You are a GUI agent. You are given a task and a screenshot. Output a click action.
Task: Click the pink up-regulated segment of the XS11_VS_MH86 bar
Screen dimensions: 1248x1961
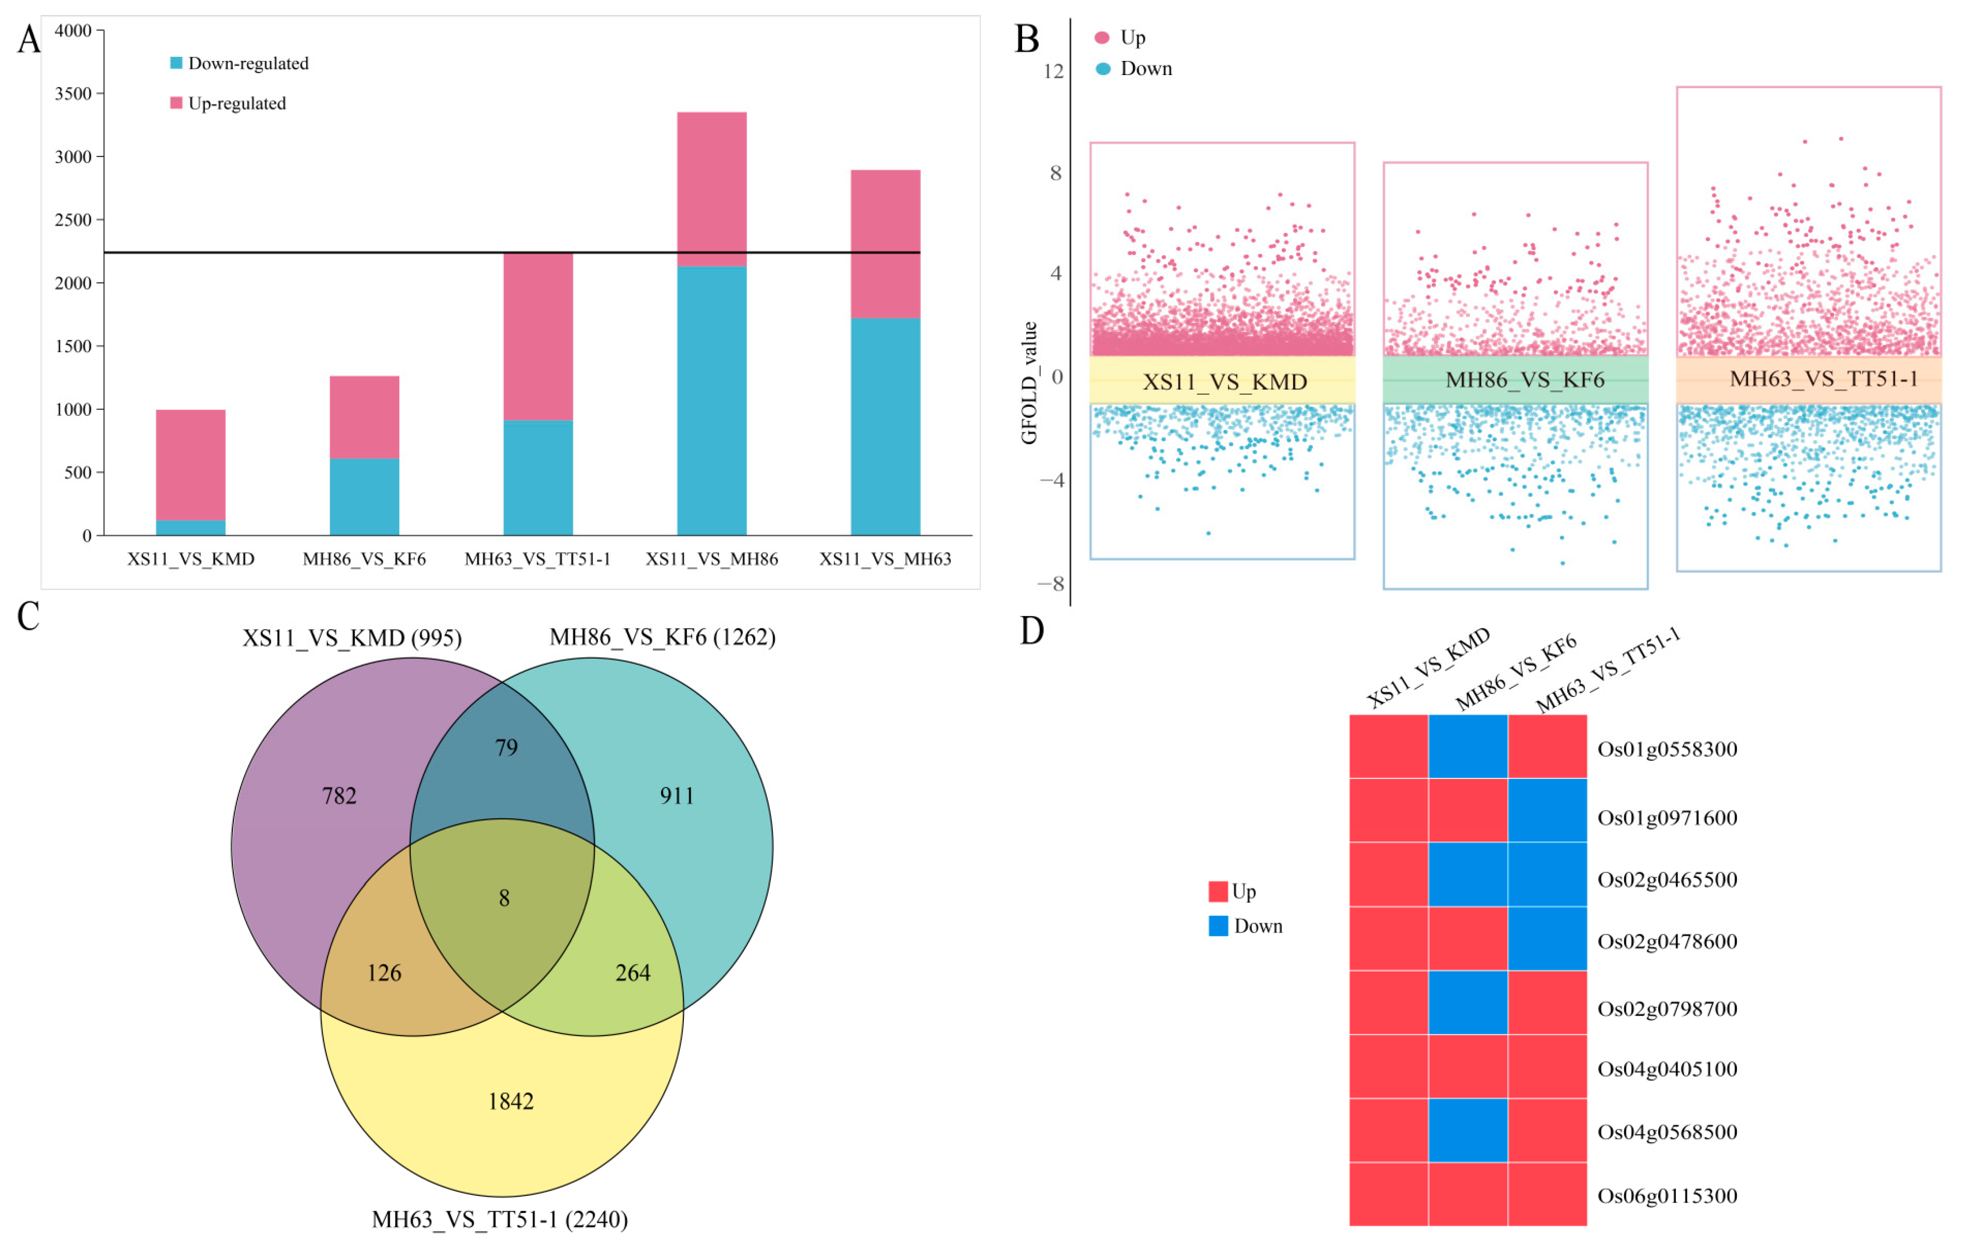point(711,189)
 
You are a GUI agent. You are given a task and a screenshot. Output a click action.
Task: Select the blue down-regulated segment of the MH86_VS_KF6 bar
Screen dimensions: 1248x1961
point(364,496)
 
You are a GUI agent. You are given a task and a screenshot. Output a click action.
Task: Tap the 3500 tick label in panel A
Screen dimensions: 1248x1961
point(73,94)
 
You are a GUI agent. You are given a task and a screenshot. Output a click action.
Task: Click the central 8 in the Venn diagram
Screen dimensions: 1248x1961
point(504,898)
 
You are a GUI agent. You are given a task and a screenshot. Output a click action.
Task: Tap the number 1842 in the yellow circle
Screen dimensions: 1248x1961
point(511,1102)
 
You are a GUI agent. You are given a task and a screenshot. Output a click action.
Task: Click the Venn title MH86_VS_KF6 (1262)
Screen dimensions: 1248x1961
point(662,637)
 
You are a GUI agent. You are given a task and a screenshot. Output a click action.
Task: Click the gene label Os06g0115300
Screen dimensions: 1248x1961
point(1667,1196)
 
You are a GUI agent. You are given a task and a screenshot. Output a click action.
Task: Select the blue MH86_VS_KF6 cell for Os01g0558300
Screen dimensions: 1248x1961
point(1468,747)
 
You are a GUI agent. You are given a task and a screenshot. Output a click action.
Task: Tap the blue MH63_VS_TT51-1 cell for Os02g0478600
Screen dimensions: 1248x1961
point(1546,939)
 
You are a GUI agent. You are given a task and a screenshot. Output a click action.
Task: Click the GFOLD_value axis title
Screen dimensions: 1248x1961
point(1029,383)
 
